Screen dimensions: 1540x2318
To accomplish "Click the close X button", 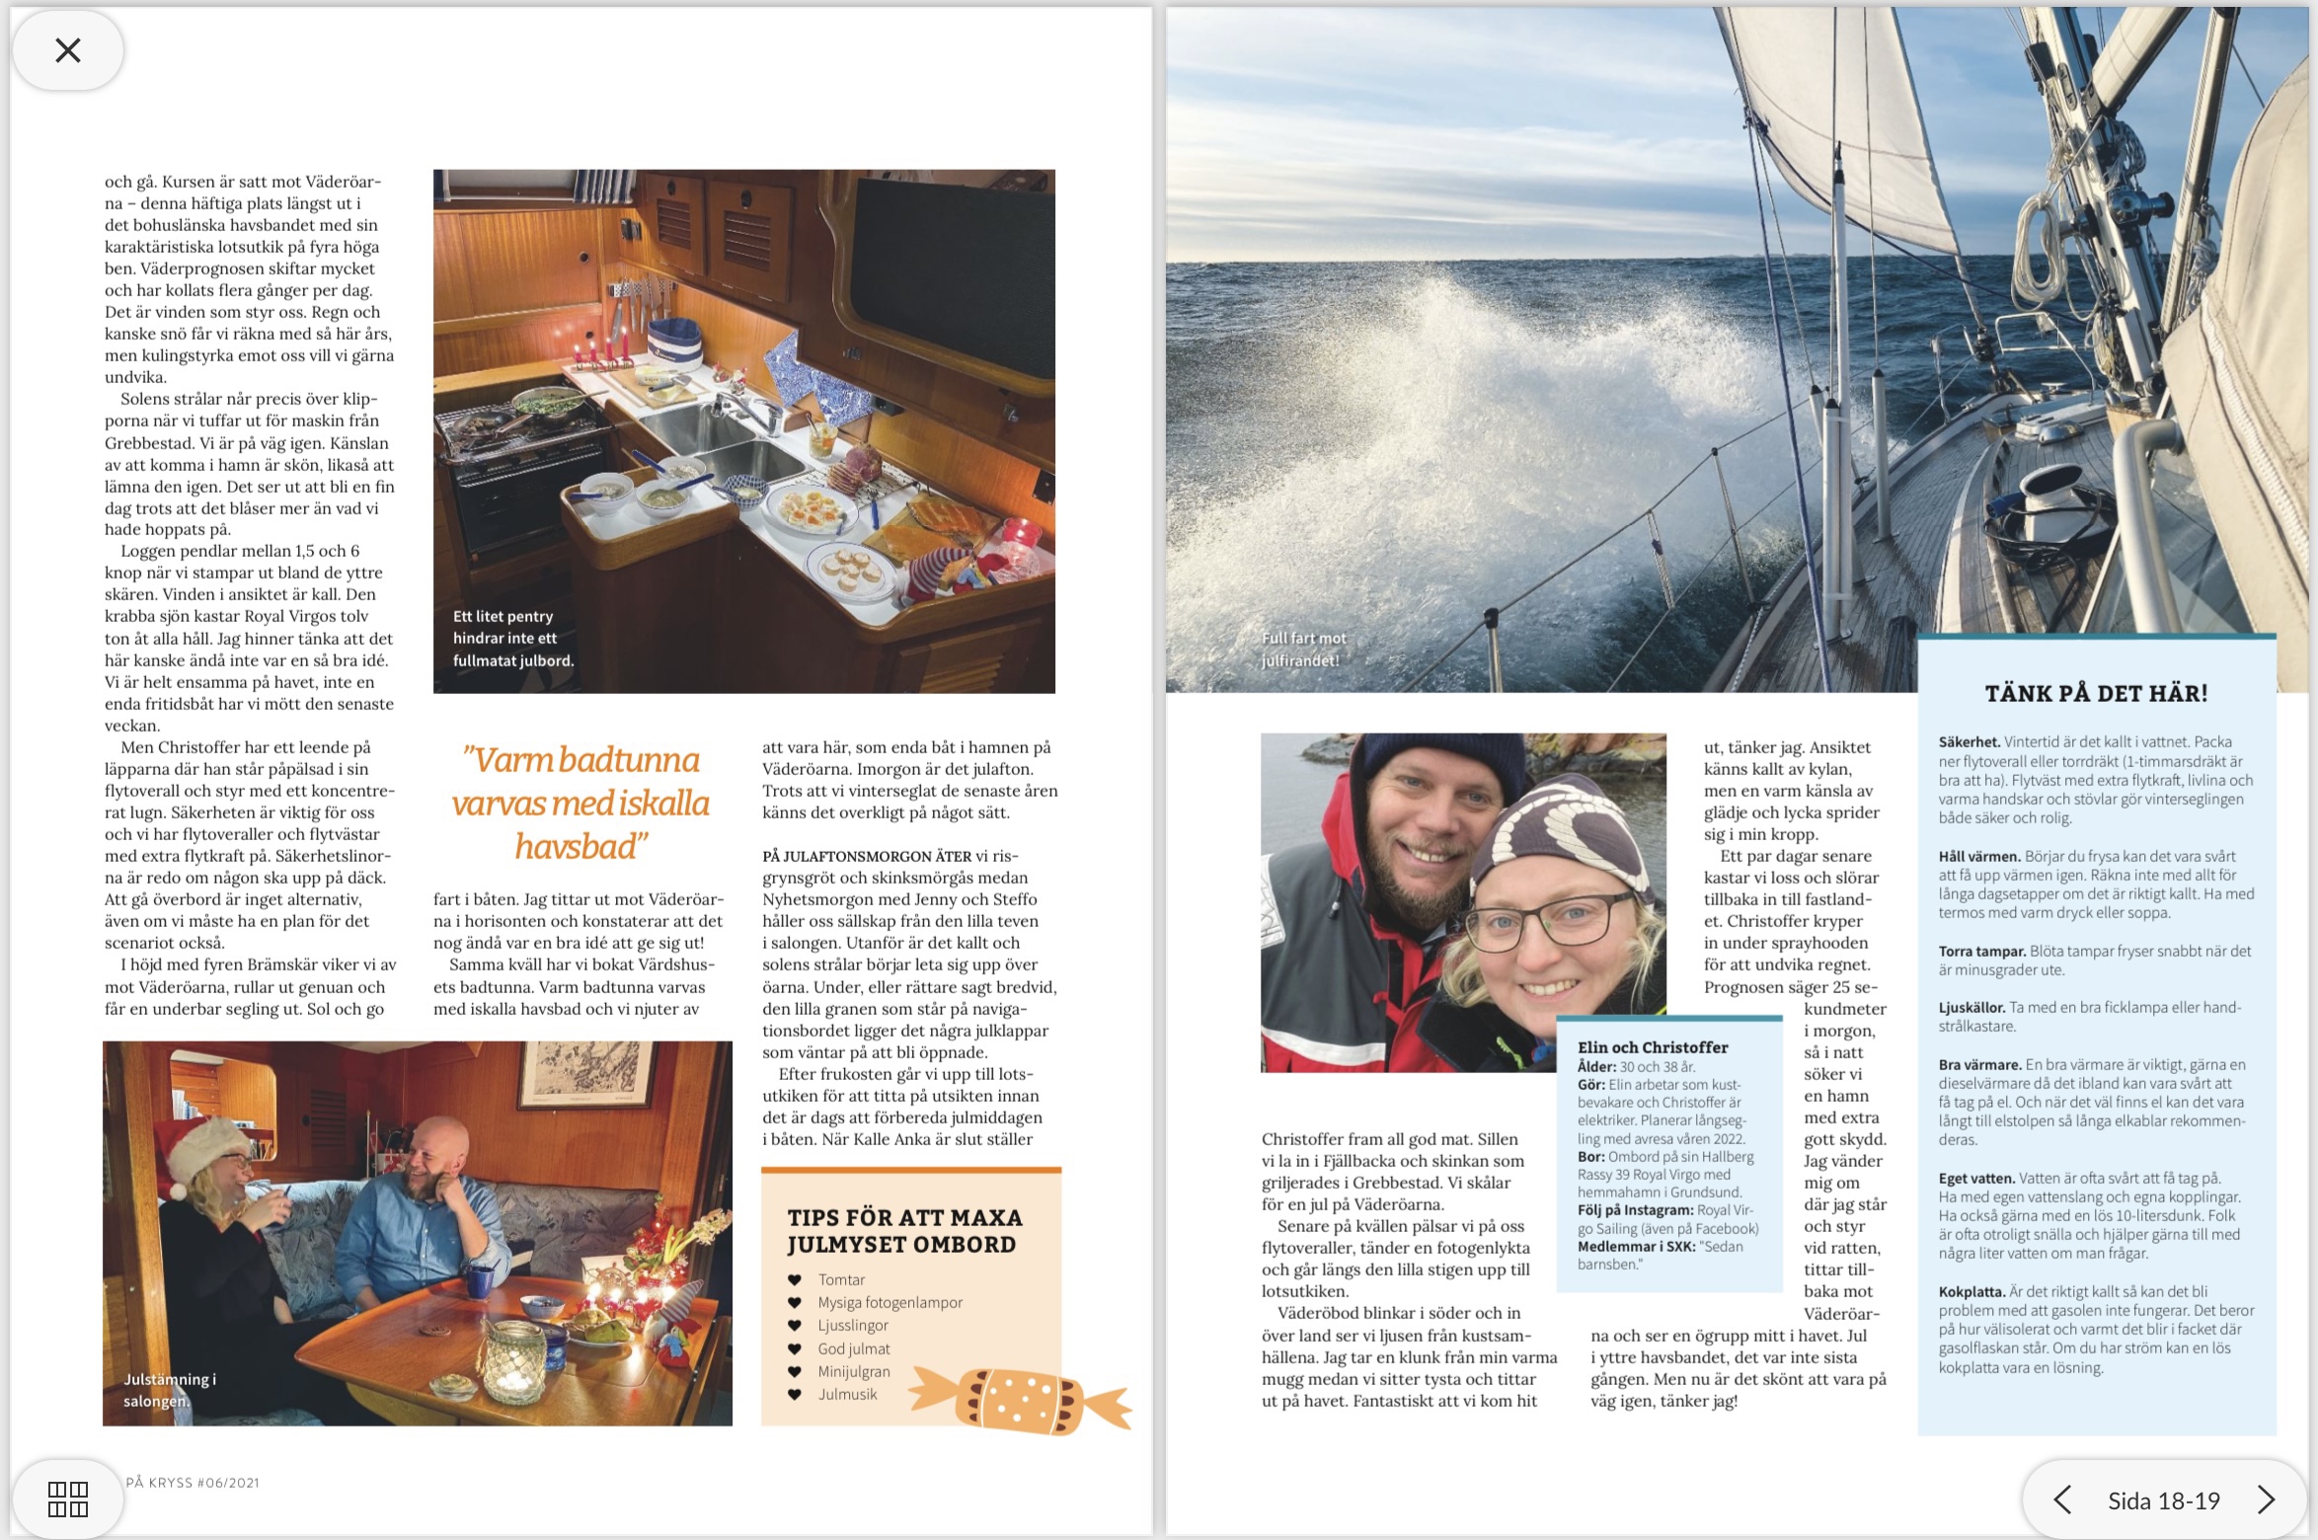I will point(68,50).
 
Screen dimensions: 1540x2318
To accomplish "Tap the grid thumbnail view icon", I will point(68,1499).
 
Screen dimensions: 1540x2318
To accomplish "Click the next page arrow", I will point(2267,1501).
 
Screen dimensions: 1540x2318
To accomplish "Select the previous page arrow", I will point(2062,1501).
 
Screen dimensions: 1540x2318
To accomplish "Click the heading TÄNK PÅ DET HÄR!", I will point(2096,693).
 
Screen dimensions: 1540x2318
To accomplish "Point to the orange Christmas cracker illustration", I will point(1020,1399).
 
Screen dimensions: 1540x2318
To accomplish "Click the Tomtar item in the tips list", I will point(841,1279).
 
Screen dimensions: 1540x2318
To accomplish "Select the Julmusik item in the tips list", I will point(847,1394).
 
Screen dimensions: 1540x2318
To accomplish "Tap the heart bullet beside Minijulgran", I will point(794,1372).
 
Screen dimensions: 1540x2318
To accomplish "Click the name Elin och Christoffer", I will point(1653,1047).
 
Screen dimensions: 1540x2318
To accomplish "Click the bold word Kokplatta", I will point(1970,1291).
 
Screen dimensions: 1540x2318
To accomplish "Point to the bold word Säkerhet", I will point(1969,742).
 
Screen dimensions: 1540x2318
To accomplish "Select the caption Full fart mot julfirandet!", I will point(1303,650).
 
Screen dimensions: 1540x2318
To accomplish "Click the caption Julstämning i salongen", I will point(169,1390).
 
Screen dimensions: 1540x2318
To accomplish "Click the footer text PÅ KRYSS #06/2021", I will point(193,1483).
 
